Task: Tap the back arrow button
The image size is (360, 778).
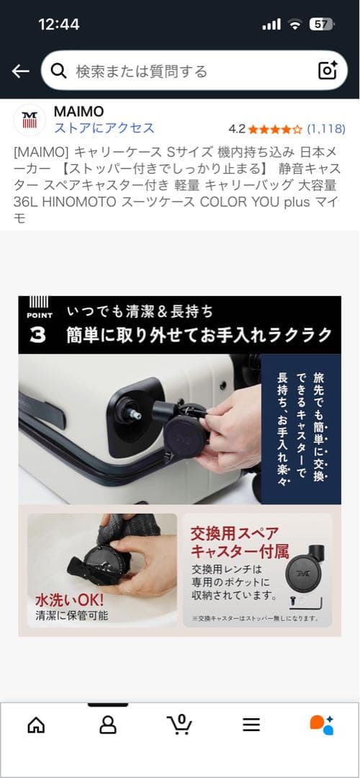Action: pyautogui.click(x=20, y=71)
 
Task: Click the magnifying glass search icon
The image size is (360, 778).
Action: pyautogui.click(x=60, y=71)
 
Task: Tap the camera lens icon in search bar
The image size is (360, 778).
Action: pyautogui.click(x=328, y=71)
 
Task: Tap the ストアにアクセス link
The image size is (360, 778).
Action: pyautogui.click(x=104, y=128)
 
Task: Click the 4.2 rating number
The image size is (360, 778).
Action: pyautogui.click(x=237, y=129)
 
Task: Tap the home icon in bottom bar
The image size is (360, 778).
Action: pyautogui.click(x=36, y=724)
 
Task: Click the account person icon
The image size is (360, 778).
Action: pyautogui.click(x=108, y=724)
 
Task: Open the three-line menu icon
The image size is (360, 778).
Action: pyautogui.click(x=251, y=725)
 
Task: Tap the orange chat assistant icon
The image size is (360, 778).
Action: pyautogui.click(x=321, y=724)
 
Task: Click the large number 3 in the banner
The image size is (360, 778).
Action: pyautogui.click(x=37, y=336)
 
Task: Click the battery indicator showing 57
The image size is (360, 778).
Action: pyautogui.click(x=321, y=24)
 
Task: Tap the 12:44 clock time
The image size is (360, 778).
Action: pyautogui.click(x=58, y=24)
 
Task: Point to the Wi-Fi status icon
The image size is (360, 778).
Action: pyautogui.click(x=294, y=24)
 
